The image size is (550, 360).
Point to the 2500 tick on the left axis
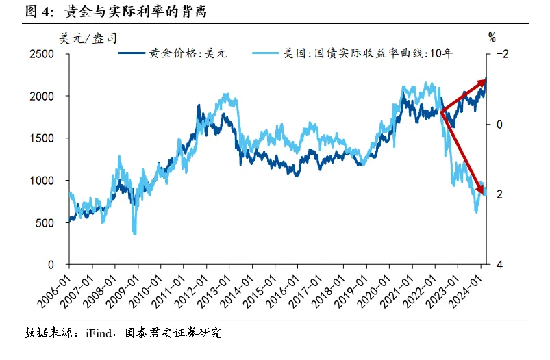point(42,54)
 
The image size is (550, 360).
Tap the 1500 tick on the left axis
point(42,138)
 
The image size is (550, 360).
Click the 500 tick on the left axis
point(46,222)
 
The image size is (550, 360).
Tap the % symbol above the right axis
point(492,37)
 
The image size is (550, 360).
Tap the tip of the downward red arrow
point(485,194)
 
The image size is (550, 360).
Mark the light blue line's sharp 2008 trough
point(134,233)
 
